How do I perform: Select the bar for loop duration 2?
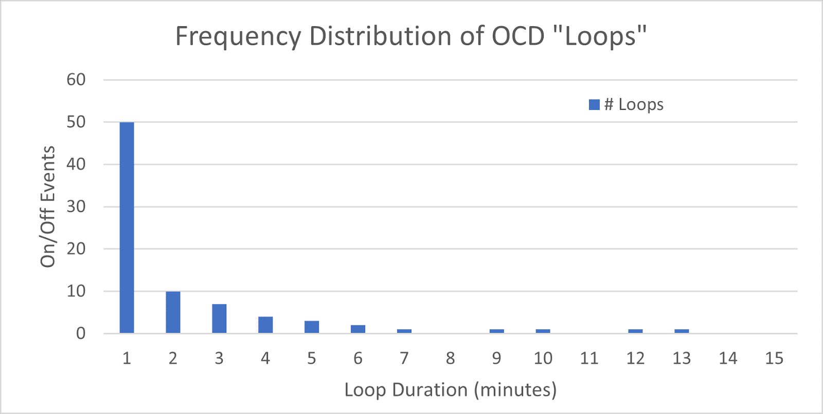pyautogui.click(x=173, y=312)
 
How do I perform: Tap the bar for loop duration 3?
pyautogui.click(x=219, y=318)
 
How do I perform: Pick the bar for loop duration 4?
pyautogui.click(x=265, y=325)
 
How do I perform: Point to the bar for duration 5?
pyautogui.click(x=312, y=327)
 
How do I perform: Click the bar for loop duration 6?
pyautogui.click(x=358, y=329)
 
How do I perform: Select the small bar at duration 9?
pyautogui.click(x=496, y=331)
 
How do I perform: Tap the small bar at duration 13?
pyautogui.click(x=682, y=331)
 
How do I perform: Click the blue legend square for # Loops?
pyautogui.click(x=594, y=105)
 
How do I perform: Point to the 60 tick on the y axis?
pyautogui.click(x=76, y=80)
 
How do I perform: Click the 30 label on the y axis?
pyautogui.click(x=76, y=206)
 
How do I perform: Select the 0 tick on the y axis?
pyautogui.click(x=81, y=333)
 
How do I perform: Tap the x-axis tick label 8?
pyautogui.click(x=450, y=358)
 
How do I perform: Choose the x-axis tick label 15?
pyautogui.click(x=774, y=358)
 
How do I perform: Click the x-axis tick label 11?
pyautogui.click(x=589, y=358)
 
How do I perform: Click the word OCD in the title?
pyautogui.click(x=518, y=36)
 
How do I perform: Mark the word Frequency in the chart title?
pyautogui.click(x=238, y=37)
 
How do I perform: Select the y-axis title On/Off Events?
pyautogui.click(x=48, y=206)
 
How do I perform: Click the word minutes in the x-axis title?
pyautogui.click(x=514, y=390)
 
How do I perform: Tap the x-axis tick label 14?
pyautogui.click(x=728, y=358)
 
